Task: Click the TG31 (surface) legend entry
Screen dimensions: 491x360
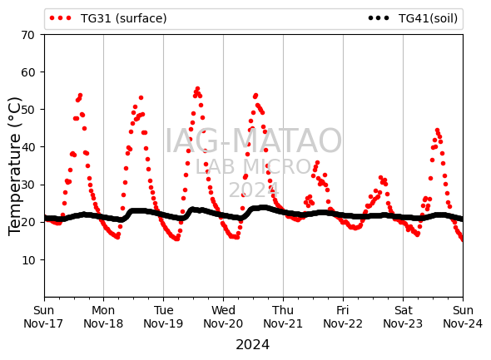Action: [108, 18]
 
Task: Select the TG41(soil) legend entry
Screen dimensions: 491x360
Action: [413, 18]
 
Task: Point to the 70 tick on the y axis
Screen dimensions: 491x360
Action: [27, 35]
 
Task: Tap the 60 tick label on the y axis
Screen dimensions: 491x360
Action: [27, 72]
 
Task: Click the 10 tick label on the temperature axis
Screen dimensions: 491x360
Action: [27, 260]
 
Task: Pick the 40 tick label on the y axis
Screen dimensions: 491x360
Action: [27, 147]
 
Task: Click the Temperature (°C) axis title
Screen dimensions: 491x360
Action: [14, 166]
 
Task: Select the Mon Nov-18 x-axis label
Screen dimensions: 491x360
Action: [103, 317]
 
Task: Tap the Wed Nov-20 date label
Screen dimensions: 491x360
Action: [223, 317]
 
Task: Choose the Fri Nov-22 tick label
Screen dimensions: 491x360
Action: [343, 317]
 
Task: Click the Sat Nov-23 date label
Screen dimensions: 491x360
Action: [403, 317]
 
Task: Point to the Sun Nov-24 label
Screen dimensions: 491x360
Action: [463, 317]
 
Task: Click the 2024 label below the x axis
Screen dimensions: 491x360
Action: [252, 345]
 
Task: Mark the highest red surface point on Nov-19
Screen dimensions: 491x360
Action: [197, 89]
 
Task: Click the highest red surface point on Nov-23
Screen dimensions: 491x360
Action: [437, 130]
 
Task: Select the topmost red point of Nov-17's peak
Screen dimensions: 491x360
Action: [80, 95]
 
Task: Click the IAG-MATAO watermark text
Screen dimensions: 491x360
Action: [253, 141]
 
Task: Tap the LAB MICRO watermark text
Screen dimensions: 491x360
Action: [253, 167]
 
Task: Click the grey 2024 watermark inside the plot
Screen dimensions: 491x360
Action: [254, 190]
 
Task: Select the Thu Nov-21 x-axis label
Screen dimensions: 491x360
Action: [283, 317]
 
